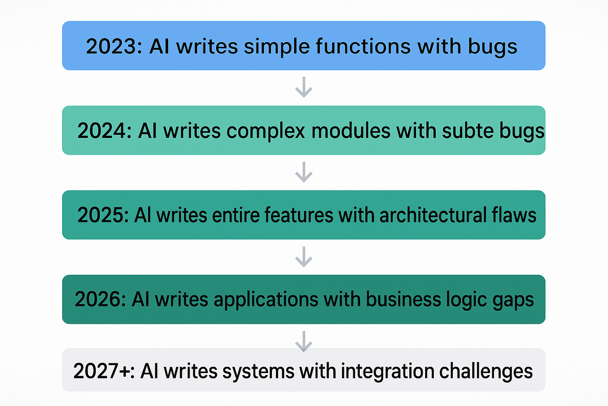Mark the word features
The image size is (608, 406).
coord(299,215)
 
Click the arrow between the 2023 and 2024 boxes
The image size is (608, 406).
coord(304,87)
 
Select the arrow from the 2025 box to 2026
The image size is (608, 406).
coord(304,257)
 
